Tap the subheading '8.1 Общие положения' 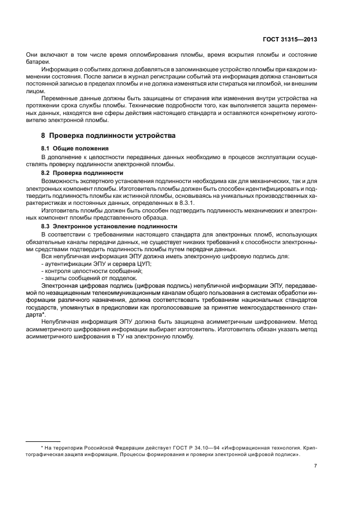point(75,148)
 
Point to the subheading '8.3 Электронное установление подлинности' point(109,226)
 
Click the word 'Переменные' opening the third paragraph point(60,99)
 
